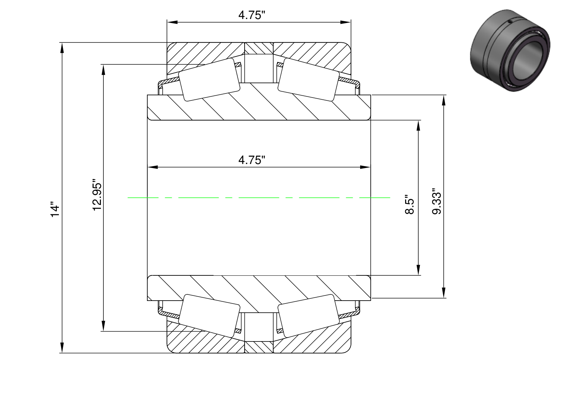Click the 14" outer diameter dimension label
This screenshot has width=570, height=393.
pyautogui.click(x=55, y=209)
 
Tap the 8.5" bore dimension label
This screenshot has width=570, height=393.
pyautogui.click(x=409, y=205)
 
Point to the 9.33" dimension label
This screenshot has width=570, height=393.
pyautogui.click(x=437, y=201)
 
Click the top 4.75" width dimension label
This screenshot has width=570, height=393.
pyautogui.click(x=252, y=15)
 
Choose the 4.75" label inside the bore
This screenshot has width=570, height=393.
pyautogui.click(x=252, y=160)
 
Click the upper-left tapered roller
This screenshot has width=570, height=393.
pyautogui.click(x=209, y=80)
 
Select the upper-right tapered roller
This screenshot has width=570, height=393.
pyautogui.click(x=309, y=80)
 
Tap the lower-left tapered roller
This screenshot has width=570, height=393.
pyautogui.click(x=209, y=316)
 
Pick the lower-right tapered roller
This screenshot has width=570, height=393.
pyautogui.click(x=309, y=316)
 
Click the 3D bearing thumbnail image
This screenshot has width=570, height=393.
pyautogui.click(x=510, y=51)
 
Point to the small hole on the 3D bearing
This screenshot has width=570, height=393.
pyautogui.click(x=510, y=22)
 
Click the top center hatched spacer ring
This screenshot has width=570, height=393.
pyautogui.click(x=259, y=48)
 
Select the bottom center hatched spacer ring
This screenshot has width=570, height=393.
pyautogui.click(x=259, y=347)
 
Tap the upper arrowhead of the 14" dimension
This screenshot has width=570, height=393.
pyautogui.click(x=62, y=47)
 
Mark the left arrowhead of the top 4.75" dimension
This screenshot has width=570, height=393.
pyautogui.click(x=172, y=22)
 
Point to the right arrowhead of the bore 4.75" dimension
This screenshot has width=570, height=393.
pyautogui.click(x=365, y=167)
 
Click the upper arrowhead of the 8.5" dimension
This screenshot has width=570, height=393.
pyautogui.click(x=418, y=125)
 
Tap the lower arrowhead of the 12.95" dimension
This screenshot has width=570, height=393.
pyautogui.click(x=103, y=326)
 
